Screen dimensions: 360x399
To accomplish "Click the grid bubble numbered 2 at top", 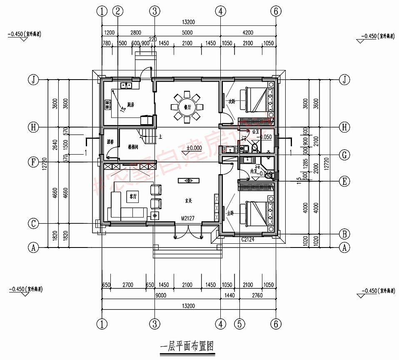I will point(118,11).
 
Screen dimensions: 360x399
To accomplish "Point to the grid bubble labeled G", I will point(344,155).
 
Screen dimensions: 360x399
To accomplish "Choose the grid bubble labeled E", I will point(344,181).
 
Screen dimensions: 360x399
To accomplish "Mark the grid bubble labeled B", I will point(344,233).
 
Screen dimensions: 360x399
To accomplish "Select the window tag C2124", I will point(248,240).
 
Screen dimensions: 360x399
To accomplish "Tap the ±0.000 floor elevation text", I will point(194,148).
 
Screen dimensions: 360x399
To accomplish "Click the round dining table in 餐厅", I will point(187,107).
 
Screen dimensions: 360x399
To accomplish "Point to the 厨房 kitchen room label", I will point(130,105).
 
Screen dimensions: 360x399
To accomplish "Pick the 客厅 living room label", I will point(133,195).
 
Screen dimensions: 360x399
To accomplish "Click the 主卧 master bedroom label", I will point(229,212).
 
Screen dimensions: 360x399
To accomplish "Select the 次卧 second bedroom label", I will point(232,101).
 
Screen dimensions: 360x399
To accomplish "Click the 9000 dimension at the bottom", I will point(161,295).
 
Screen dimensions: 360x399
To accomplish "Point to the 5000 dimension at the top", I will point(187,32).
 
